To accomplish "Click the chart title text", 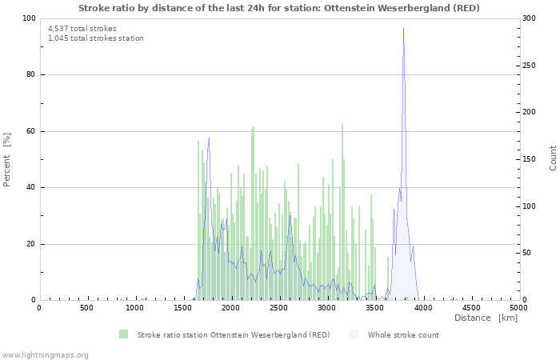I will point(279,8).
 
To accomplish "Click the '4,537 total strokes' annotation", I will point(82,29).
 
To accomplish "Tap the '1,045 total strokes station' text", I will point(95,38).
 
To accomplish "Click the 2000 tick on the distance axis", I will point(230,308).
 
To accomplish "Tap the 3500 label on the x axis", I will point(374,308).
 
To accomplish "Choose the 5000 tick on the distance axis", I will point(518,308).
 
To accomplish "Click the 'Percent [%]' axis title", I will point(7,159).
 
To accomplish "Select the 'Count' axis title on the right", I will point(553,158).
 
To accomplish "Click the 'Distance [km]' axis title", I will point(486,318).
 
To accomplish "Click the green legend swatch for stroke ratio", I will point(123,334).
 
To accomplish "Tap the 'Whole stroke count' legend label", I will point(403,334).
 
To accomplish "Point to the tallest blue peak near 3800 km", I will point(403,29).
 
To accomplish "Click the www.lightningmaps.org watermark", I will point(45,354).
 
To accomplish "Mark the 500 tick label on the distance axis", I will point(86,308).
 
